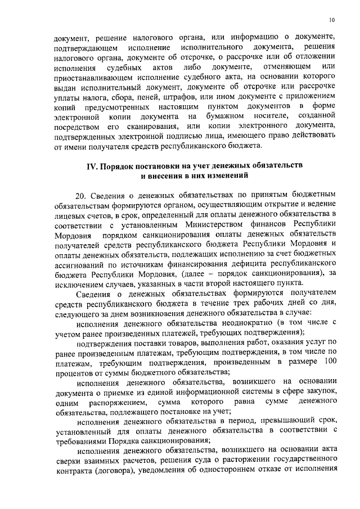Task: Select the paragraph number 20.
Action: tap(82, 195)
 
